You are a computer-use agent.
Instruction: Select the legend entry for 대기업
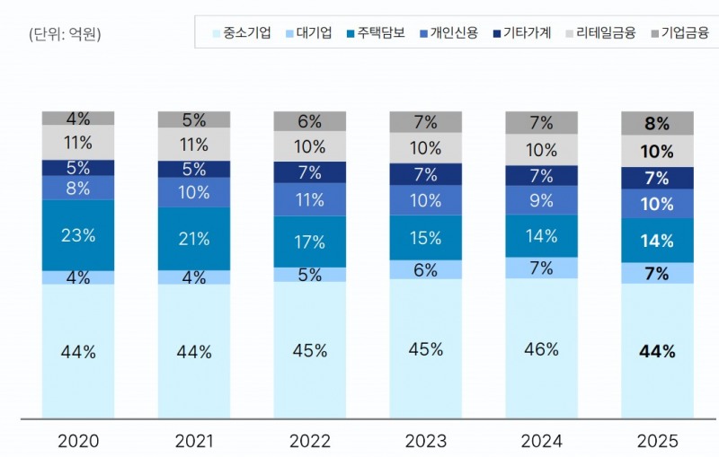pos(313,33)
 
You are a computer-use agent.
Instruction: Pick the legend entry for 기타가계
pos(530,33)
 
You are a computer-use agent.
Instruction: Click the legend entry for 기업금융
pos(678,33)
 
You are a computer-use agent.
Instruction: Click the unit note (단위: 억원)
pos(66,35)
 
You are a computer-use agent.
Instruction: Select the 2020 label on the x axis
pos(78,441)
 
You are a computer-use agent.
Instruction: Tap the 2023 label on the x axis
pos(425,441)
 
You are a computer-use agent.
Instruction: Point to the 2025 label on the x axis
pos(657,441)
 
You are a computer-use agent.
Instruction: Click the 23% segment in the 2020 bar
pos(78,235)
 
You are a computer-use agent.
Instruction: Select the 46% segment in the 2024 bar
pos(541,348)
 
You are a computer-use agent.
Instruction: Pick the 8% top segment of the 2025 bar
pos(657,124)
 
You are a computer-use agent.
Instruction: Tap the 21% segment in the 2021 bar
pos(194,239)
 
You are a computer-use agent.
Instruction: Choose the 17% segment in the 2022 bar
pos(310,242)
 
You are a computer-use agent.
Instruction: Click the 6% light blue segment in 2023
pos(425,269)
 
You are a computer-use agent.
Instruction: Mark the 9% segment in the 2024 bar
pos(541,201)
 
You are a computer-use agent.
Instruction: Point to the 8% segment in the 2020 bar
pos(78,188)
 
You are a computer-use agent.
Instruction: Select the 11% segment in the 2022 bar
pos(310,199)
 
